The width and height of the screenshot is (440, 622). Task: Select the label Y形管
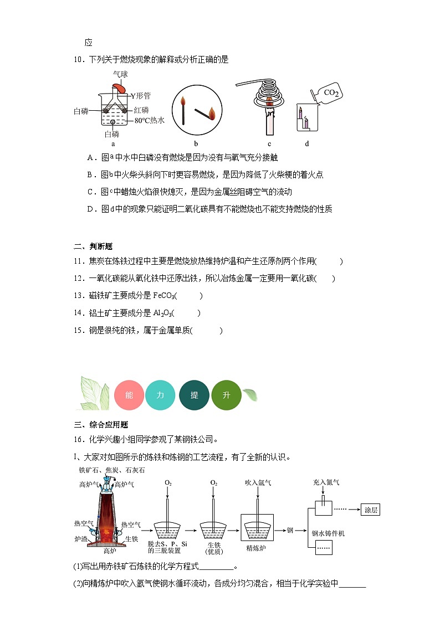tap(141, 95)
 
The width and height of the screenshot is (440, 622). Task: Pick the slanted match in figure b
tap(202, 115)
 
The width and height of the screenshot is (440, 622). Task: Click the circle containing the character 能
tap(129, 395)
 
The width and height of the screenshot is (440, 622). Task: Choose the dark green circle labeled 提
tap(194, 395)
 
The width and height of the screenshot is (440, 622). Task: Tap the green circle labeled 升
tap(227, 395)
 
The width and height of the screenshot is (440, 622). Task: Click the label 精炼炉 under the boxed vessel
tap(257, 551)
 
